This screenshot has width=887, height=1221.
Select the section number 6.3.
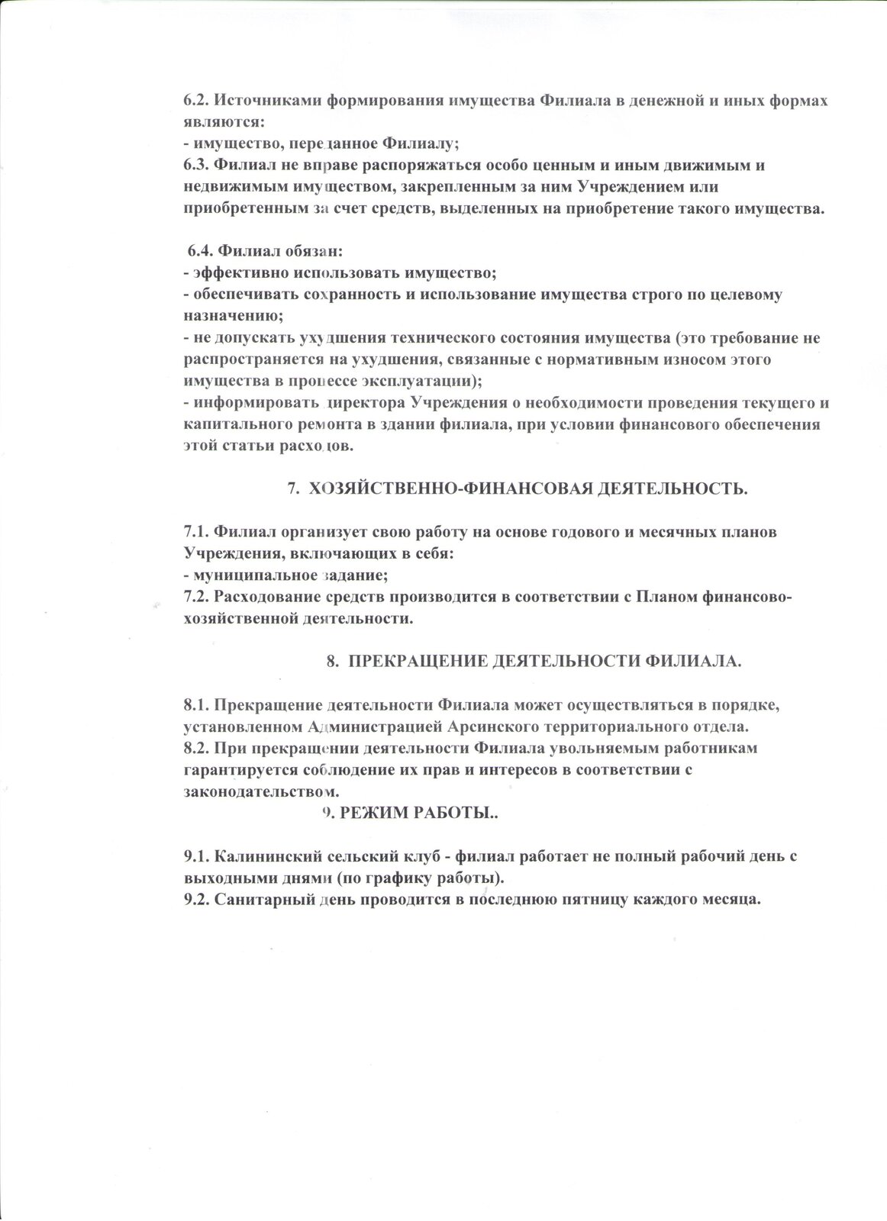click(x=196, y=164)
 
